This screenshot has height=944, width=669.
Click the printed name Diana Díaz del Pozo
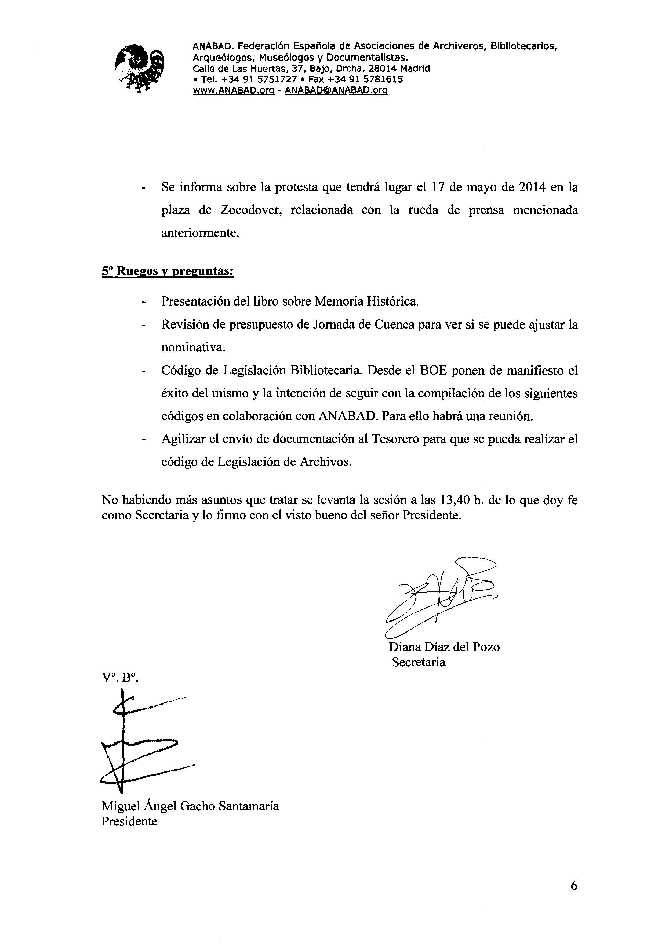point(444,647)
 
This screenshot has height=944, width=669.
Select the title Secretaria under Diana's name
point(418,662)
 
